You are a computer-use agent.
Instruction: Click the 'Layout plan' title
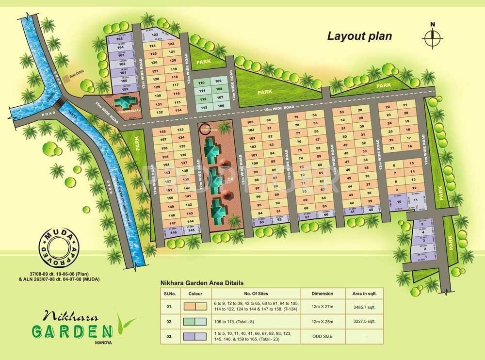[x=359, y=35]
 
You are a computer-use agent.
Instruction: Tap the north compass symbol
[x=433, y=37]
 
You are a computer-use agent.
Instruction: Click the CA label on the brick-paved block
[x=226, y=179]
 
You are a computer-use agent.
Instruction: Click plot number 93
[x=261, y=222]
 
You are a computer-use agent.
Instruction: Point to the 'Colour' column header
[x=196, y=294]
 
